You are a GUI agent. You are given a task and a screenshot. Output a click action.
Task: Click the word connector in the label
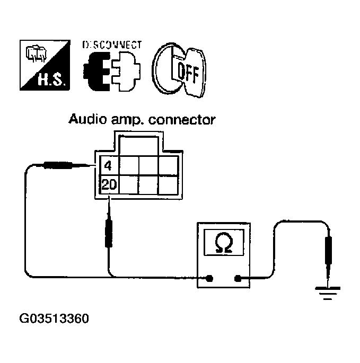click(x=182, y=120)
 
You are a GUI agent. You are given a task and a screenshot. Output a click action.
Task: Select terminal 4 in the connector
click(x=108, y=166)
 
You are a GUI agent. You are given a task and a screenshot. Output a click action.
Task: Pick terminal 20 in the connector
click(x=108, y=185)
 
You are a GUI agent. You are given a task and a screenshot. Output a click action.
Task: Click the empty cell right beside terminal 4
click(x=128, y=166)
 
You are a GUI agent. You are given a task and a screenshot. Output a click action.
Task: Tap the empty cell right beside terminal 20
click(x=128, y=185)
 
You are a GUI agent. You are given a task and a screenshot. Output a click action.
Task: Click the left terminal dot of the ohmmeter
click(x=210, y=278)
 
